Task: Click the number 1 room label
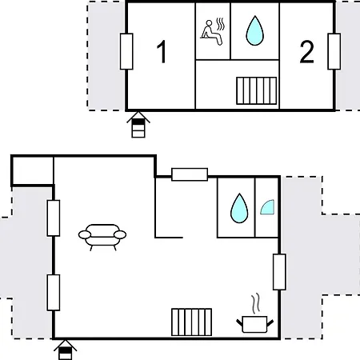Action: click(162, 52)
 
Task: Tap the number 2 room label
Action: click(306, 52)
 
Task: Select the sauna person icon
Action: click(212, 32)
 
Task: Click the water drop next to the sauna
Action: click(254, 30)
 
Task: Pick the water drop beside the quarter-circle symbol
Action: click(239, 208)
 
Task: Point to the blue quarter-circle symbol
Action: click(268, 208)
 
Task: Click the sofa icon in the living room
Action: click(102, 237)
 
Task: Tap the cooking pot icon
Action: click(254, 324)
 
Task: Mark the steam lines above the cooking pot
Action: click(255, 303)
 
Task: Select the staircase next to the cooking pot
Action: click(192, 322)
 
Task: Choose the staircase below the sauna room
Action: click(257, 90)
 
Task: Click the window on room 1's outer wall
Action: click(126, 51)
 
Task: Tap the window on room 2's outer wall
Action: click(334, 51)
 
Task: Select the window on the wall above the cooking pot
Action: click(279, 272)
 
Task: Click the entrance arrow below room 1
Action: click(138, 125)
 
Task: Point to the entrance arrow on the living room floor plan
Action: click(66, 350)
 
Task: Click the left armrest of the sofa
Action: click(85, 234)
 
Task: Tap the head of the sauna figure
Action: click(210, 23)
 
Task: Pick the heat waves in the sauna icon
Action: click(221, 24)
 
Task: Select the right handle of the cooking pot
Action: click(270, 323)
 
